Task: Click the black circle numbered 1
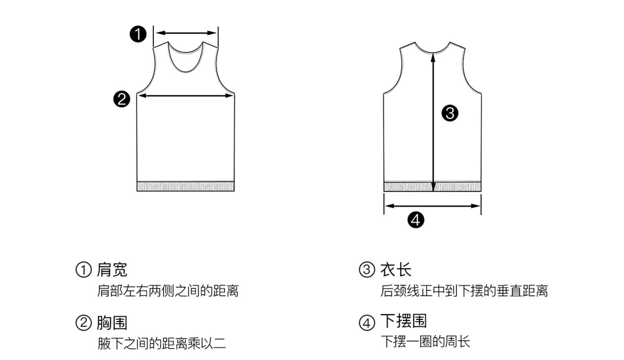[138, 35]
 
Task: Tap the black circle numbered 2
[122, 99]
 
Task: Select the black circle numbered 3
[449, 113]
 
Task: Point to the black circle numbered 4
[416, 220]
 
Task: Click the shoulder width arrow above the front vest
[186, 33]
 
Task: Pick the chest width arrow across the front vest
[186, 95]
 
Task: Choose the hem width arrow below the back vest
[432, 205]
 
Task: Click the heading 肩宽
[112, 270]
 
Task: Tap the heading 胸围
[112, 323]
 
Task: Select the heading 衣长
[396, 270]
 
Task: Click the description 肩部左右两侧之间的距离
[168, 291]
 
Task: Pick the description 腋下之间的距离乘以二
[162, 343]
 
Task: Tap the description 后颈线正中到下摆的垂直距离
[464, 291]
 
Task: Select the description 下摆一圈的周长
[425, 342]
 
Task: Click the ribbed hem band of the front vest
[186, 186]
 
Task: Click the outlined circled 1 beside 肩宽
[84, 271]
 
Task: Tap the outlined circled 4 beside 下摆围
[367, 323]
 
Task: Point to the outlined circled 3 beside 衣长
[367, 271]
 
